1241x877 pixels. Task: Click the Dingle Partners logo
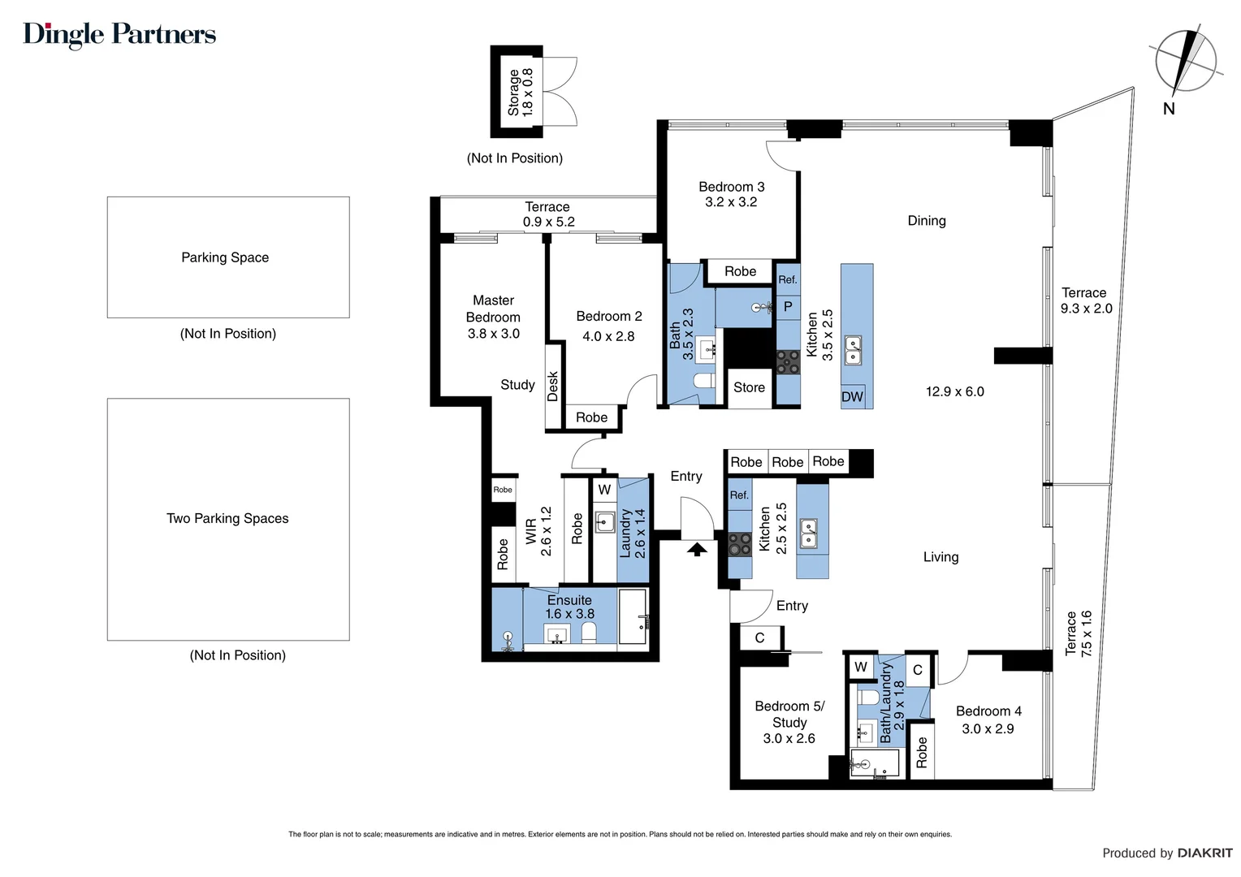tap(119, 35)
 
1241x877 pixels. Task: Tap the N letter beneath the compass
tap(1169, 109)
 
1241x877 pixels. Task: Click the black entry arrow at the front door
tap(697, 549)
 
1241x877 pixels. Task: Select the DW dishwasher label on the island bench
tap(852, 396)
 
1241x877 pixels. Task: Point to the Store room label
tap(749, 387)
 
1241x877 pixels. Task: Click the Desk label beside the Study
tap(553, 387)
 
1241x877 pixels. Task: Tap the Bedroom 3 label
tap(731, 187)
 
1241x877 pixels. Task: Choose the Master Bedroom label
tap(493, 309)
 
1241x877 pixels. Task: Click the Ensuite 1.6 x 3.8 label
tap(569, 607)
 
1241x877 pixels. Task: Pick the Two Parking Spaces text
tap(227, 519)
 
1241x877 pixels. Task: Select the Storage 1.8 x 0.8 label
tap(521, 92)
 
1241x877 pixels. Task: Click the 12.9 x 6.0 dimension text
tap(954, 391)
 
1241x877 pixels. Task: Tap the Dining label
tap(927, 221)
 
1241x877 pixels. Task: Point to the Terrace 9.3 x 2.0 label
tap(1086, 300)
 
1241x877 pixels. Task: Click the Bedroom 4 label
tap(988, 711)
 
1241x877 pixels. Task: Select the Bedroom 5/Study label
tap(789, 714)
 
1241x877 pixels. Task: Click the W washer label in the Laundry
tap(604, 490)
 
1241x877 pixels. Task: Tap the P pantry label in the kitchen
tap(788, 306)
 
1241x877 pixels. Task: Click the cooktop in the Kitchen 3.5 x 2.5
tap(788, 362)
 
